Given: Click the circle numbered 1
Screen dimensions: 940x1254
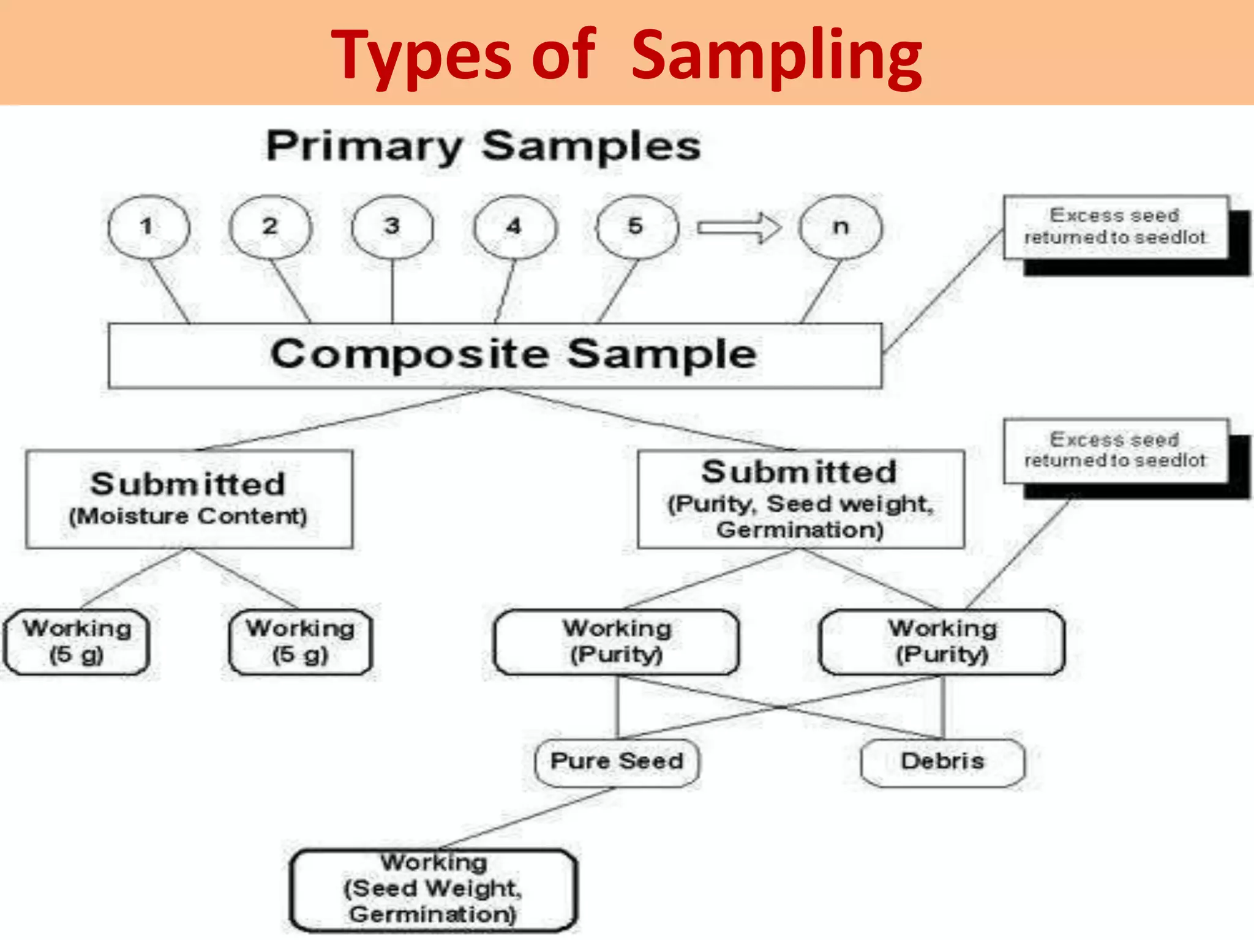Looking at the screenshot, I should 148,227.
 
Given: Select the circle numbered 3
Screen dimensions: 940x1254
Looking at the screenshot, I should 392,227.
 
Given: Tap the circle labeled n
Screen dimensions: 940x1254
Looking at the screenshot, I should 841,227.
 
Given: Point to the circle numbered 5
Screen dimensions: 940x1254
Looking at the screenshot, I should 637,227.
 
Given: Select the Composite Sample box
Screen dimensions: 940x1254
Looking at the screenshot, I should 495,356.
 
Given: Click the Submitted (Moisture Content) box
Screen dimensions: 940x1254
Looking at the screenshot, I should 189,499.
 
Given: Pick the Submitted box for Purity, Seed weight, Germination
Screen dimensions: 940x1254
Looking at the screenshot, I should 800,499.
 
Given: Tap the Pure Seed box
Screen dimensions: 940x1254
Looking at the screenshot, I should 617,762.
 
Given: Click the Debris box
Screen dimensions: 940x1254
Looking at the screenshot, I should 942,762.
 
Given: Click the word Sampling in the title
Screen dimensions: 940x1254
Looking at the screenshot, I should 776,56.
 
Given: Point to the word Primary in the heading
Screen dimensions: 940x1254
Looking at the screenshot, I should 364,146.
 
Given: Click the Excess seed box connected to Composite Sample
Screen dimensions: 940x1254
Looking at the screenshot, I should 1115,227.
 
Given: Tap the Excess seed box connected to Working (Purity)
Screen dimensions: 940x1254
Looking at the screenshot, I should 1115,450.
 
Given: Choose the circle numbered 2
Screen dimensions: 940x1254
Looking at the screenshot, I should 270,227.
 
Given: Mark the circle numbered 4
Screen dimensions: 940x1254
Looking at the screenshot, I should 514,227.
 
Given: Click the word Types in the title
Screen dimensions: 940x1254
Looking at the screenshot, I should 421,56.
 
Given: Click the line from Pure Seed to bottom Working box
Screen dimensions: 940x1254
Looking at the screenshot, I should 527,818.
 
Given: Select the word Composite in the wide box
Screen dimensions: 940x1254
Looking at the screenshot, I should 410,354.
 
